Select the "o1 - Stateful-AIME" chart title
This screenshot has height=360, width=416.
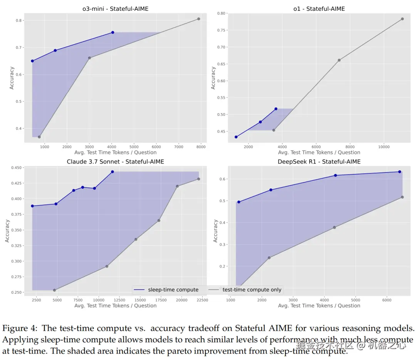[x=319, y=9]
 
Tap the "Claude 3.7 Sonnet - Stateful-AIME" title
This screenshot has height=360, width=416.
[x=115, y=162]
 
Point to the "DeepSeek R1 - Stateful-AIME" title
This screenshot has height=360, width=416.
[x=319, y=162]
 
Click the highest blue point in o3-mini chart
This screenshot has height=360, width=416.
[x=112, y=32]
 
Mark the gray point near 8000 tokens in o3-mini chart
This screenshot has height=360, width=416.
[x=199, y=19]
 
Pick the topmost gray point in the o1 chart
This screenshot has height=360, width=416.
[x=402, y=19]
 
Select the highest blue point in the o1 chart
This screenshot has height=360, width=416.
[x=276, y=109]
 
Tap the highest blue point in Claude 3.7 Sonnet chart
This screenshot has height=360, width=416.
[x=112, y=172]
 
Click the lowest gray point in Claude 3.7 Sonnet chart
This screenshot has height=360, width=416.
[x=54, y=290]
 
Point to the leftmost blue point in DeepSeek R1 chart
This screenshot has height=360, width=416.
[x=239, y=202]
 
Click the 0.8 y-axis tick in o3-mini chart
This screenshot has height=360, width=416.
[x=19, y=21]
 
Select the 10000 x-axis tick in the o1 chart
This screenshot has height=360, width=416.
[x=384, y=147]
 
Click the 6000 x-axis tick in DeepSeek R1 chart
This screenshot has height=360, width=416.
[x=387, y=300]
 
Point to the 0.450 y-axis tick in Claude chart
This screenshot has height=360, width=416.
[x=17, y=168]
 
